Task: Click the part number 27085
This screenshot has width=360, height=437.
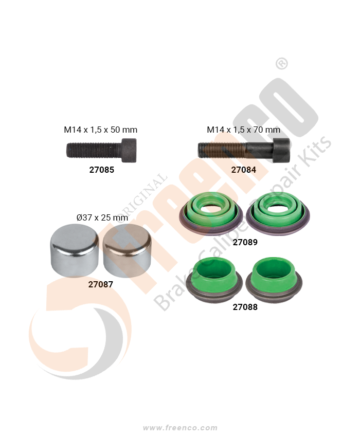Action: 101,169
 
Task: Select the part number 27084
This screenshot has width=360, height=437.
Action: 244,169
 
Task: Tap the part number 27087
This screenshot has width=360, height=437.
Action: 100,283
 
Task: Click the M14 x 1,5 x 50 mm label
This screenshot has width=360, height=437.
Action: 101,130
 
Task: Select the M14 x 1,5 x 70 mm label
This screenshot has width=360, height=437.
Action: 244,130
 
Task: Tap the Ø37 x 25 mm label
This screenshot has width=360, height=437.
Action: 102,217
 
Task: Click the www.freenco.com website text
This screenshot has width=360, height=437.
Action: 180,428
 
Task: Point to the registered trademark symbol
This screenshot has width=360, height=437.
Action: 282,64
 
